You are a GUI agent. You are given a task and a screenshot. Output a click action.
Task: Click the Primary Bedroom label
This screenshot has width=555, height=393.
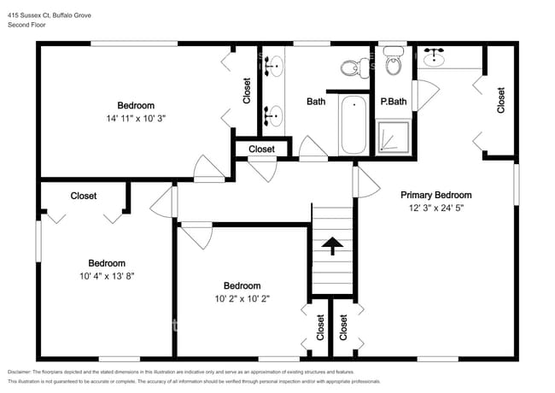pos(436,195)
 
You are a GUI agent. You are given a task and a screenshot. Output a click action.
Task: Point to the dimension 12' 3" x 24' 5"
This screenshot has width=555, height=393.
pos(436,208)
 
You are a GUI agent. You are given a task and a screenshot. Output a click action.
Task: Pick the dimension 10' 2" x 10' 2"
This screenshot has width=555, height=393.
pos(242,298)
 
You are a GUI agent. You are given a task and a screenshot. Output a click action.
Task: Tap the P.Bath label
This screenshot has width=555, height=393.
pos(394,103)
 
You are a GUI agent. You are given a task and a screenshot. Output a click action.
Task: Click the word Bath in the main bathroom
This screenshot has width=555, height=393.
pos(316,103)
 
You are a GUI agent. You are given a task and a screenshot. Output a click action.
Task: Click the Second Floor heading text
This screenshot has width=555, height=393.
pos(27,26)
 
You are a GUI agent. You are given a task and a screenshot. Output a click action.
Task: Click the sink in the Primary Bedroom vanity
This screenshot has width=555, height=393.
pos(436,57)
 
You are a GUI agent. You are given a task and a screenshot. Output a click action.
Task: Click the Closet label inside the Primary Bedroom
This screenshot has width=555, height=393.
pos(501,101)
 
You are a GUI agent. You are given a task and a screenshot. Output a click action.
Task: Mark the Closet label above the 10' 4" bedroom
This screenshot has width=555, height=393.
pos(84,196)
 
